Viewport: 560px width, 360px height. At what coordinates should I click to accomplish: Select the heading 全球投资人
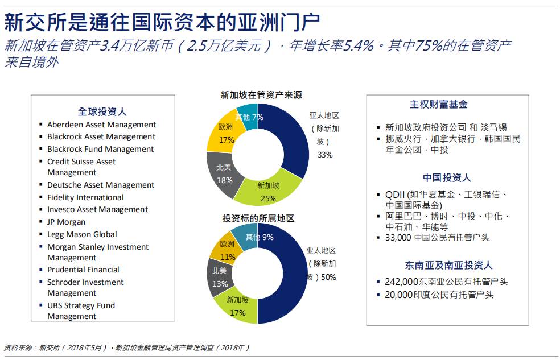point(102,111)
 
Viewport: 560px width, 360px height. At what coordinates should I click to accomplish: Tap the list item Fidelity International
point(85,197)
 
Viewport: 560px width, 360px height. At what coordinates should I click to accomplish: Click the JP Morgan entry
point(66,222)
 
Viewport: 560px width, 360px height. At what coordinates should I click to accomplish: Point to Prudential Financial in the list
point(83,270)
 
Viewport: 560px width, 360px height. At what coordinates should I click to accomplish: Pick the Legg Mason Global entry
point(82,234)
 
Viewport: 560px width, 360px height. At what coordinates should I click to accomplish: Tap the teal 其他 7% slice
point(248,116)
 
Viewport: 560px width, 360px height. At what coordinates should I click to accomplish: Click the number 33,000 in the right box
point(398,238)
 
